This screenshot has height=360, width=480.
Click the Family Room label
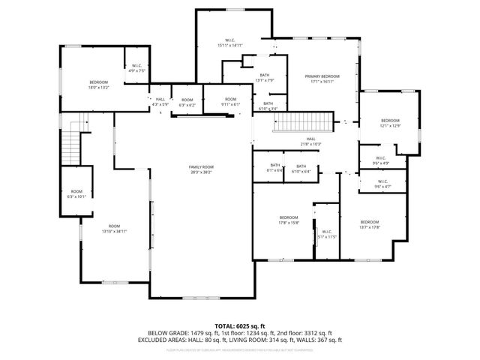coord(201,169)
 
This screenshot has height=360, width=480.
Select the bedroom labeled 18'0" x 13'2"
coord(99,85)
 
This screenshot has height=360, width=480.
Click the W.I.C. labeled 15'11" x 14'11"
coord(230,43)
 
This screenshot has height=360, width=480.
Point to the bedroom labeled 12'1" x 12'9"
coord(390,124)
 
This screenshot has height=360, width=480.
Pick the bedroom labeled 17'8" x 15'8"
coord(289,220)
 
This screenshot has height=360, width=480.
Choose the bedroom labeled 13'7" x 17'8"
coord(370,224)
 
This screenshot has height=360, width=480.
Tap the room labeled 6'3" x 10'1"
coord(76,193)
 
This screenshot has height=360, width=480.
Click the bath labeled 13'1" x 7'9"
coord(265,77)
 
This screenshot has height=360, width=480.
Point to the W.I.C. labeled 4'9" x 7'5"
coord(137,68)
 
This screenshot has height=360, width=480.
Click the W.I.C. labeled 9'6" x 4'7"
coord(382,184)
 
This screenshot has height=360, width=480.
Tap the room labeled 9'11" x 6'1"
coord(231,102)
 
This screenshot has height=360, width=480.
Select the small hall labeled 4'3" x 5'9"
coord(160,102)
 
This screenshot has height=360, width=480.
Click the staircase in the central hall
coord(309,121)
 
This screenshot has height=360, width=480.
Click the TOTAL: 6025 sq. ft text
coord(239,325)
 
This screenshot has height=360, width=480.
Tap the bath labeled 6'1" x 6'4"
coord(275,168)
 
